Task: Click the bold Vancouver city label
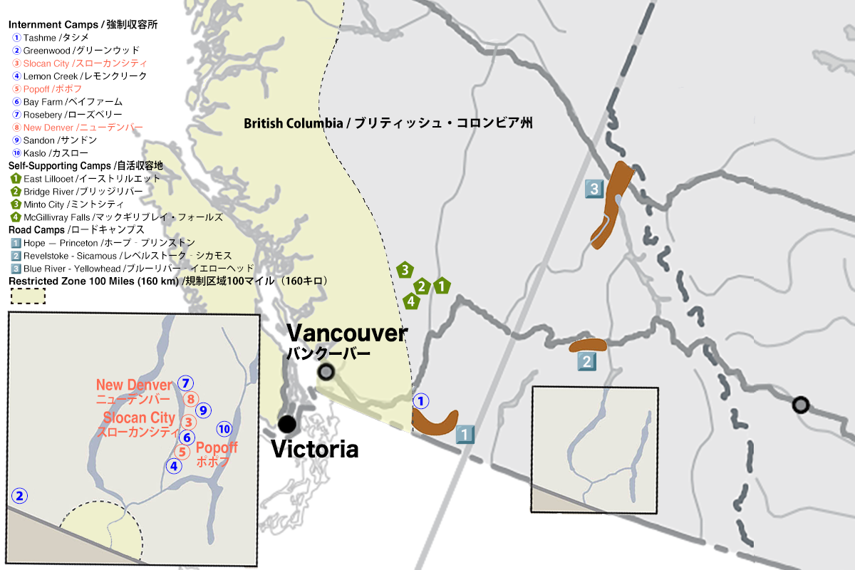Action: click(347, 333)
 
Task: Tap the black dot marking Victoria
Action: click(287, 424)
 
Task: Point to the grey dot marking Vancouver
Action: click(326, 371)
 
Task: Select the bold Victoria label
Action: click(314, 450)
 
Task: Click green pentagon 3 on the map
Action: click(405, 270)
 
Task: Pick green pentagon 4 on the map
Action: click(410, 301)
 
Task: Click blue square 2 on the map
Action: click(586, 361)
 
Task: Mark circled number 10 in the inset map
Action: click(224, 429)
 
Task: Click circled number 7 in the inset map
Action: click(185, 383)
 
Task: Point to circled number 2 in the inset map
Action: click(20, 496)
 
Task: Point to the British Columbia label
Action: click(388, 123)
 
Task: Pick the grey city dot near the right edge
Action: click(801, 405)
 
